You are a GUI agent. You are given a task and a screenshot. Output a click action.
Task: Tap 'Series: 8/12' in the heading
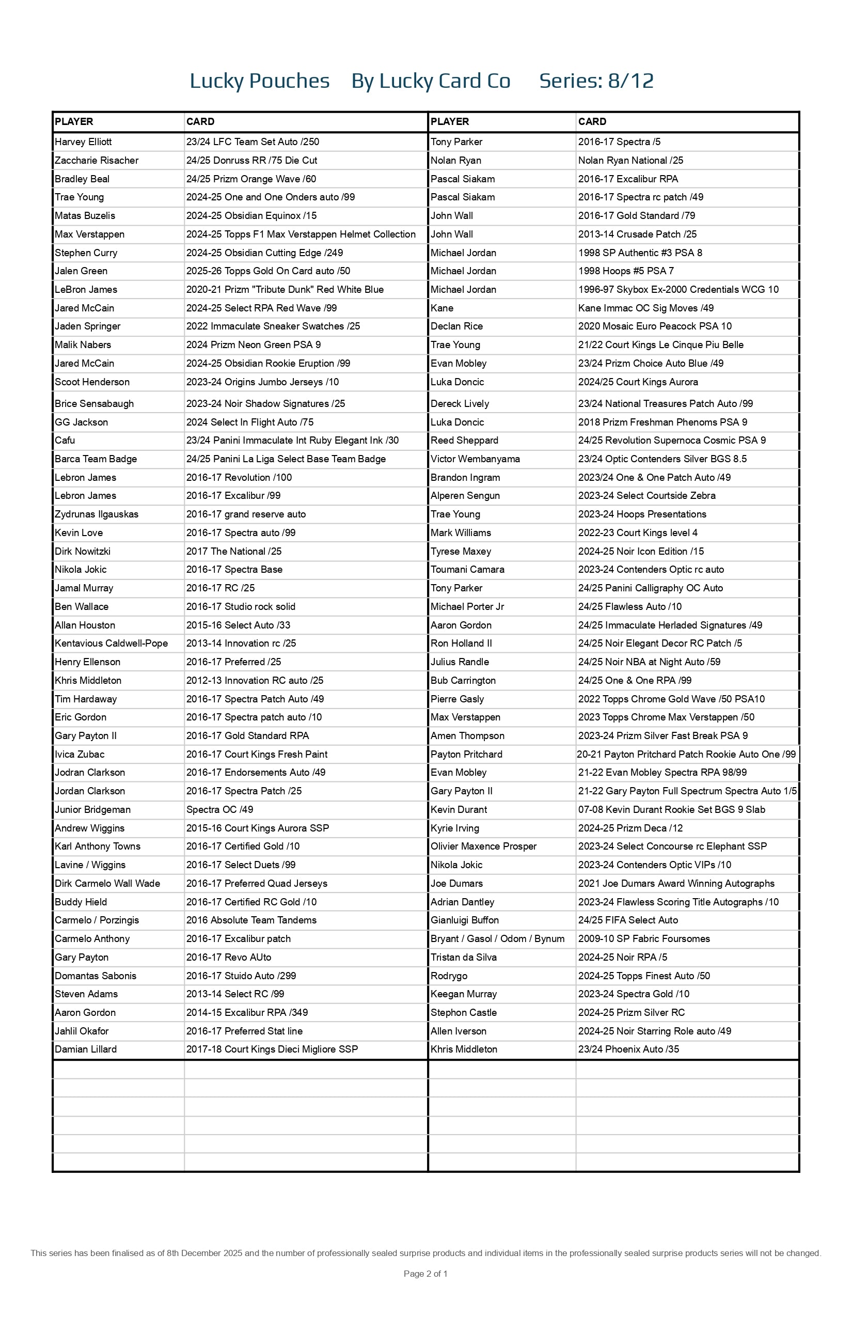596,81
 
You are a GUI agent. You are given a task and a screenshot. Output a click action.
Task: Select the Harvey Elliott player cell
83,142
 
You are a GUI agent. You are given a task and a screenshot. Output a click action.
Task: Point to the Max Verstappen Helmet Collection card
301,234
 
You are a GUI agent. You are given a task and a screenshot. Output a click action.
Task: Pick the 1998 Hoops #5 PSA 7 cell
626,271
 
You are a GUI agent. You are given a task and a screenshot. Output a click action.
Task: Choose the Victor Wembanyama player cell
475,459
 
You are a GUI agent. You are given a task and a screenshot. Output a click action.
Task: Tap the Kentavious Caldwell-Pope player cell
111,644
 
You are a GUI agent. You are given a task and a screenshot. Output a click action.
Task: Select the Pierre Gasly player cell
457,699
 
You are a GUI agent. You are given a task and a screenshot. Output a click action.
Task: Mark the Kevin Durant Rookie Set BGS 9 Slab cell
672,810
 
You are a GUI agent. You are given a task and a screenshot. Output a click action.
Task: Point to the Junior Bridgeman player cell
92,810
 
